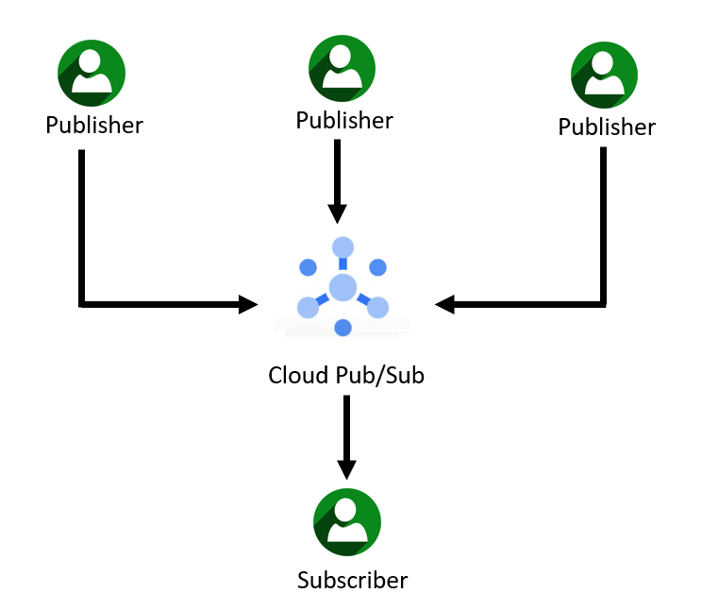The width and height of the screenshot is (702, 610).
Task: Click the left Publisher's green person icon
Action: click(x=92, y=72)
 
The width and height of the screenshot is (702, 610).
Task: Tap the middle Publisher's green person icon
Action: click(x=343, y=69)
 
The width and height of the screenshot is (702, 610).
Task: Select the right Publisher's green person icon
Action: click(x=605, y=76)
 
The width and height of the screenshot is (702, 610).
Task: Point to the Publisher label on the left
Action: click(x=94, y=125)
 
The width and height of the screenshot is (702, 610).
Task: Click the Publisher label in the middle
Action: click(x=344, y=121)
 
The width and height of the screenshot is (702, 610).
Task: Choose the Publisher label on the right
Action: click(x=607, y=127)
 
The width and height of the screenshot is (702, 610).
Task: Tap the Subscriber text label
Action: click(x=352, y=580)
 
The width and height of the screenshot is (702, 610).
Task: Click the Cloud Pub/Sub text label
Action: click(x=346, y=376)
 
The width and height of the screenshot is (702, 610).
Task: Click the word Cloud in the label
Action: click(x=292, y=375)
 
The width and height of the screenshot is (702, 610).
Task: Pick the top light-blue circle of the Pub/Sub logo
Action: click(x=343, y=246)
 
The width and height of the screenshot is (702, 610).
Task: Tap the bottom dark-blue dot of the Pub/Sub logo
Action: click(x=343, y=328)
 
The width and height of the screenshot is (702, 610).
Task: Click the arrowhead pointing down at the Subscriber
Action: click(x=346, y=469)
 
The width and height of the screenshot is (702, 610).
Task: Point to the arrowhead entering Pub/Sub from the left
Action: click(x=249, y=304)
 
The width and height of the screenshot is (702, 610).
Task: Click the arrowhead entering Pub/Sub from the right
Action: click(x=444, y=304)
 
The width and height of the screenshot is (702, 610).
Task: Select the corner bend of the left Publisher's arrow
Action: click(x=83, y=304)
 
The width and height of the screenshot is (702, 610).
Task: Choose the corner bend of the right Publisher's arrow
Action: click(x=603, y=304)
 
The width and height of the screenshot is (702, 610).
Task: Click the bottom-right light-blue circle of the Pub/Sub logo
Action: click(x=377, y=307)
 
